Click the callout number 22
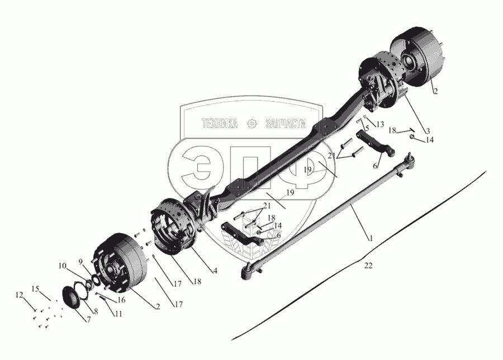[x=368, y=266]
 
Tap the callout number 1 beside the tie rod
[x=371, y=238]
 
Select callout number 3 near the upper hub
[x=428, y=131]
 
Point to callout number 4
[x=215, y=271]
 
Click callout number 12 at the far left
[x=20, y=295]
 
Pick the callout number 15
[x=35, y=289]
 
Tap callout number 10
[x=62, y=266]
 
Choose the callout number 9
[x=81, y=262]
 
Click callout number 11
[x=118, y=314]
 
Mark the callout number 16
[x=121, y=300]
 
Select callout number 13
[x=380, y=125]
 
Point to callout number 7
[x=88, y=320]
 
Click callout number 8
[x=96, y=311]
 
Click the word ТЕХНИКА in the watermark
[x=220, y=124]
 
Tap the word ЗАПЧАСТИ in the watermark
[x=286, y=124]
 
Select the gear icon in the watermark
[x=252, y=124]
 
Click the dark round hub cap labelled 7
[x=71, y=297]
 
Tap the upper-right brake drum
[x=417, y=57]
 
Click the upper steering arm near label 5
[x=376, y=144]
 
